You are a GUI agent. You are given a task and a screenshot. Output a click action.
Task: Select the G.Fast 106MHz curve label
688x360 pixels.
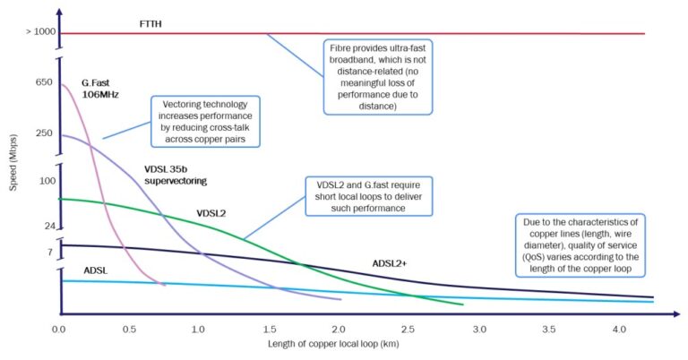[99, 88]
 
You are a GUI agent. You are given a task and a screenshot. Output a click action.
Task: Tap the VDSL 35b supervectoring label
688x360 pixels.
[176, 175]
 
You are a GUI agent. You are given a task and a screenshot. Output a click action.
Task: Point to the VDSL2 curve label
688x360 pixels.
[211, 213]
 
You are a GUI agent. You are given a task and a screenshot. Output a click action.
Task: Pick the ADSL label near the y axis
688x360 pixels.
[96, 270]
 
